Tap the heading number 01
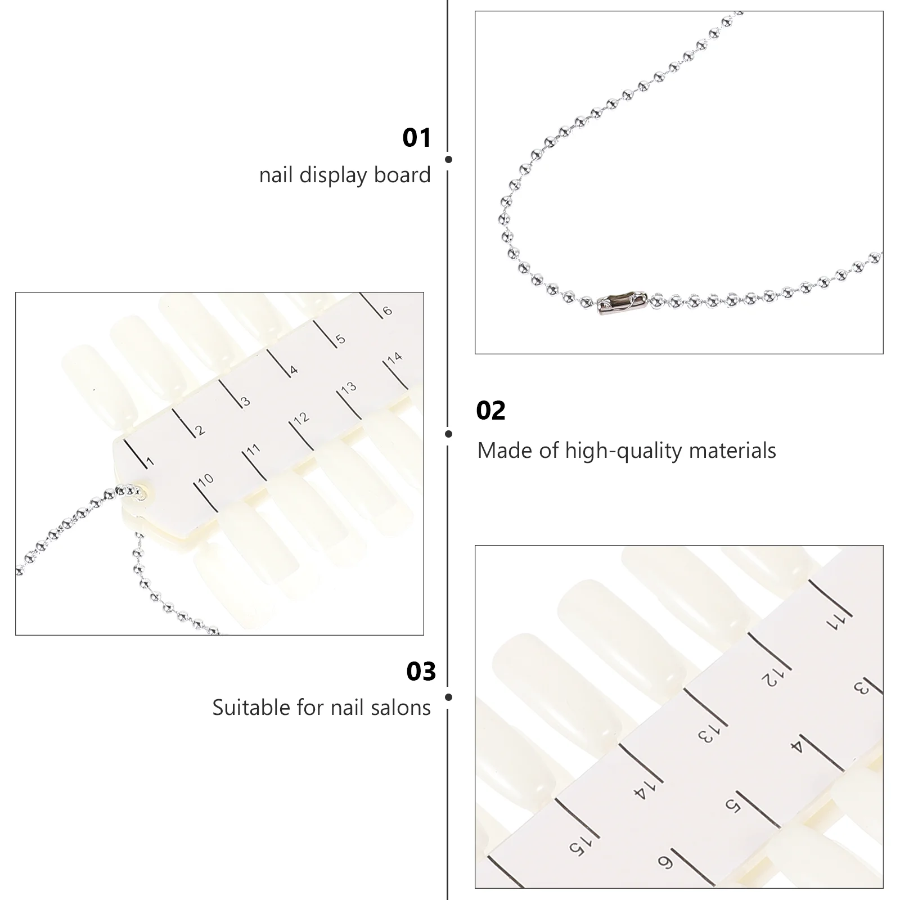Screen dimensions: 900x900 point(417,138)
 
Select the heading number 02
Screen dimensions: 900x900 point(490,411)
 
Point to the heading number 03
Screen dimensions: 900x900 point(421,672)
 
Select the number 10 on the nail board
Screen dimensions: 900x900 point(206,479)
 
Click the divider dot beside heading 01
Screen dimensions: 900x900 point(448,160)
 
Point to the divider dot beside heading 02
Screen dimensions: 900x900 point(448,434)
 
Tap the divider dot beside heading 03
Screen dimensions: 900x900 point(448,697)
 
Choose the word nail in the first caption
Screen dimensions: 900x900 point(276,175)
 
